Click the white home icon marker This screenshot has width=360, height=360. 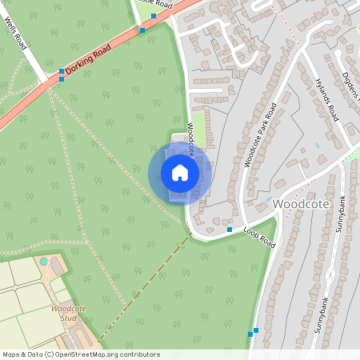(x=180, y=173)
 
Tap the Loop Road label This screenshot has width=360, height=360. (x=258, y=237)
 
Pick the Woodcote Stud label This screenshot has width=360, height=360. (x=67, y=313)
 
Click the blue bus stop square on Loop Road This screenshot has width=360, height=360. (x=230, y=230)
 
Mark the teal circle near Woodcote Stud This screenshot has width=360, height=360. (x=43, y=262)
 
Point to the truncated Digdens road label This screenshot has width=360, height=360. (x=350, y=89)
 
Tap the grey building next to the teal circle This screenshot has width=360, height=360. (x=57, y=262)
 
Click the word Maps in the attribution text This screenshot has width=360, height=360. (x=12, y=354)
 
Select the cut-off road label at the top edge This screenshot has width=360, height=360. (x=158, y=3)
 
